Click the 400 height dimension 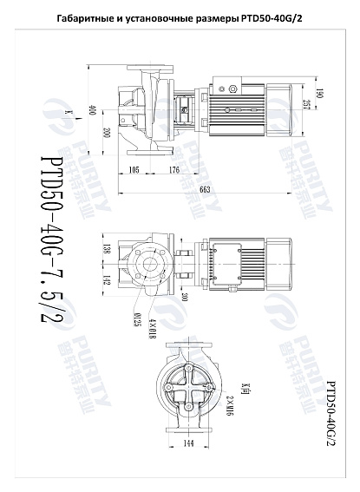point(91,110)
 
